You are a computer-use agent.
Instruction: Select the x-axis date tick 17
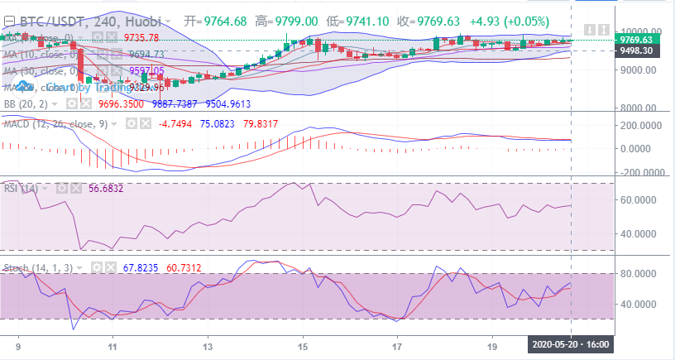click(x=399, y=348)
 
